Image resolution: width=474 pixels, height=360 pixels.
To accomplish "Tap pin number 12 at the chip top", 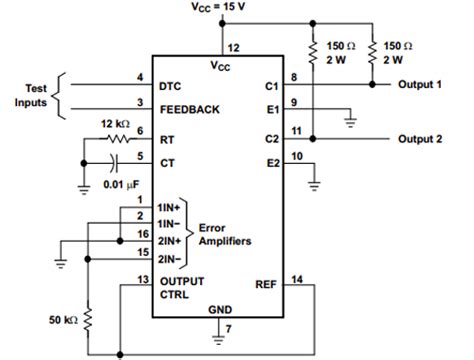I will (x=234, y=48).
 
